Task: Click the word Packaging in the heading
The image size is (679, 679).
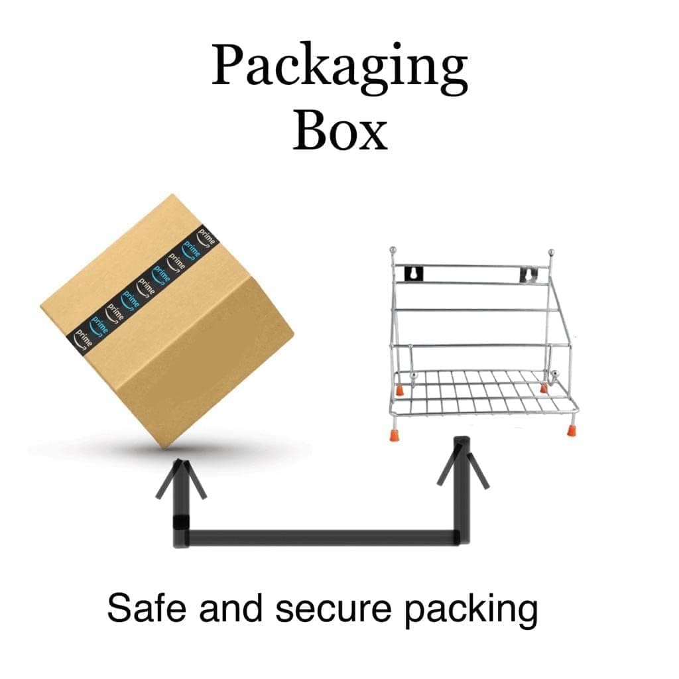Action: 339,69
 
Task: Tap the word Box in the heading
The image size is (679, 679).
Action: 340,129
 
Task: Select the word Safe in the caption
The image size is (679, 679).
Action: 147,608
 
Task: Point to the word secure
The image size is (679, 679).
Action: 334,608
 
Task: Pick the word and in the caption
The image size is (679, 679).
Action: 231,608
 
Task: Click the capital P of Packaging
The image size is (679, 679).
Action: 227,64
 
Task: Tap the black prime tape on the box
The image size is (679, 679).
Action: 143,291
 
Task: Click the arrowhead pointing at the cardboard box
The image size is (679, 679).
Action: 181,479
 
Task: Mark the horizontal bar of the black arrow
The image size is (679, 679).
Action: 320,538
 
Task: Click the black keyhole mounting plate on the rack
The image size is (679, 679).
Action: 414,275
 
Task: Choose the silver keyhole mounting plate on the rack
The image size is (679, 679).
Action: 528,275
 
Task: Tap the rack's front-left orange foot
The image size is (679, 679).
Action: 394,434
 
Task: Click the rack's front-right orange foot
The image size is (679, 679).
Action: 572,430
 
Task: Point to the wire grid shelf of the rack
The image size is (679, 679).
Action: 484,391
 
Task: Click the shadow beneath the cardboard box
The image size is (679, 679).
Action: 169,450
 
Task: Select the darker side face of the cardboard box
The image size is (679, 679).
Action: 208,359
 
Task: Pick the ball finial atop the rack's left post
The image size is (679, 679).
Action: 393,250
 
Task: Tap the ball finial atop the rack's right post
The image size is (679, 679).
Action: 551,252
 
